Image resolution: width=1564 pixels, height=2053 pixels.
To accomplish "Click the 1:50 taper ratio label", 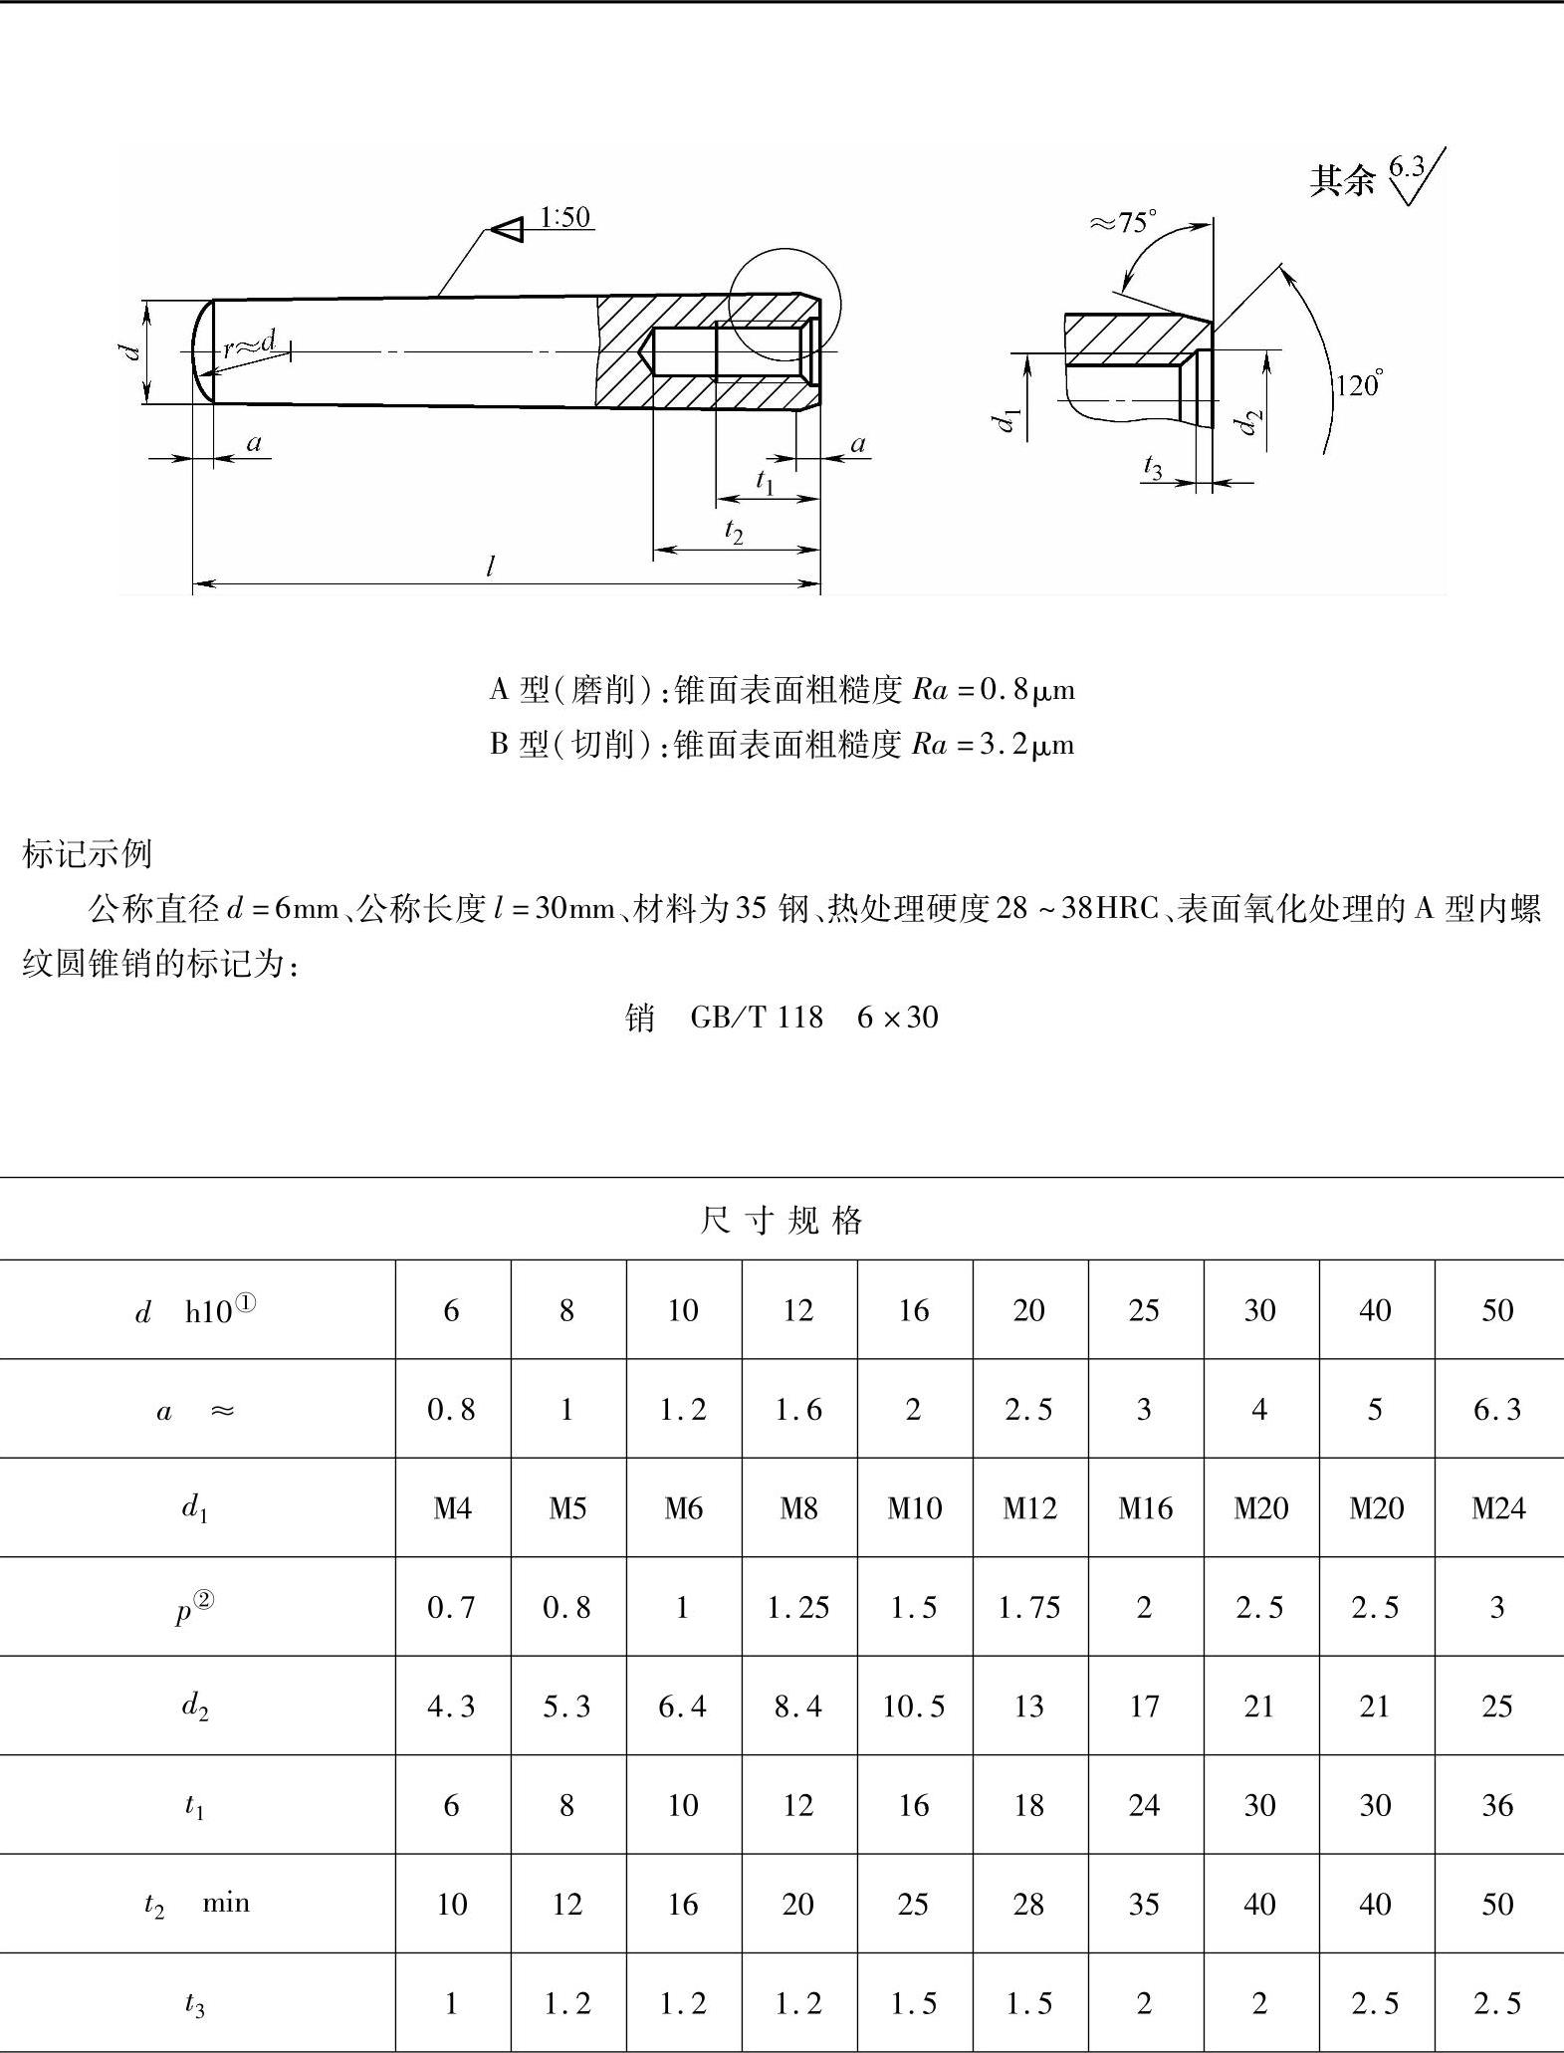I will tap(564, 217).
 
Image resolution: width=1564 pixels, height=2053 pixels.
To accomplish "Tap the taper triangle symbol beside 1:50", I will tap(509, 229).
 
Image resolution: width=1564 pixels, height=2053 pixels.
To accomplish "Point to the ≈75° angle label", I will tap(1124, 222).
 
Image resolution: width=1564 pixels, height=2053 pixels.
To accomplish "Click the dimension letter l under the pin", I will tap(490, 567).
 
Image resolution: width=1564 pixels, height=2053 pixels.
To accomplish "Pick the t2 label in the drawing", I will tap(734, 533).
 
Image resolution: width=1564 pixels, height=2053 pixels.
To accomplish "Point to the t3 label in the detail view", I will tap(1153, 466).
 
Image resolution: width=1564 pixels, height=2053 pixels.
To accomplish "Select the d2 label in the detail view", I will tap(1245, 423).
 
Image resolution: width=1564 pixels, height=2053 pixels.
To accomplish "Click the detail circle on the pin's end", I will tap(784, 305).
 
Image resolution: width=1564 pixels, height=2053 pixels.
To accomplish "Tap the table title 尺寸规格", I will tap(782, 1220).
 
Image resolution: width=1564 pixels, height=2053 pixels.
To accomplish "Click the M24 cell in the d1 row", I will tap(1498, 1508).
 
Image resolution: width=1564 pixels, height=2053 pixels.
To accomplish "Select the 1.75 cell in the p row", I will tap(1028, 1607).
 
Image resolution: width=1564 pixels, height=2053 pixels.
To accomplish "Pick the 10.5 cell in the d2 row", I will tap(913, 1707).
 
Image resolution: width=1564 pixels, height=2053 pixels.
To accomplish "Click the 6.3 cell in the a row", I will tap(1498, 1410).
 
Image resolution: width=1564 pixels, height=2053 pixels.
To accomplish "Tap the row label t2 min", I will tap(196, 1904).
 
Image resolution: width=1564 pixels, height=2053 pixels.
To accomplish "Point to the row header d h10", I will tap(196, 1310).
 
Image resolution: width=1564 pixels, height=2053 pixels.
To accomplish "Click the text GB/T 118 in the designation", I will tap(757, 1017).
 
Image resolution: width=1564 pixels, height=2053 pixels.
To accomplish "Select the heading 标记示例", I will tap(87, 853).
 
